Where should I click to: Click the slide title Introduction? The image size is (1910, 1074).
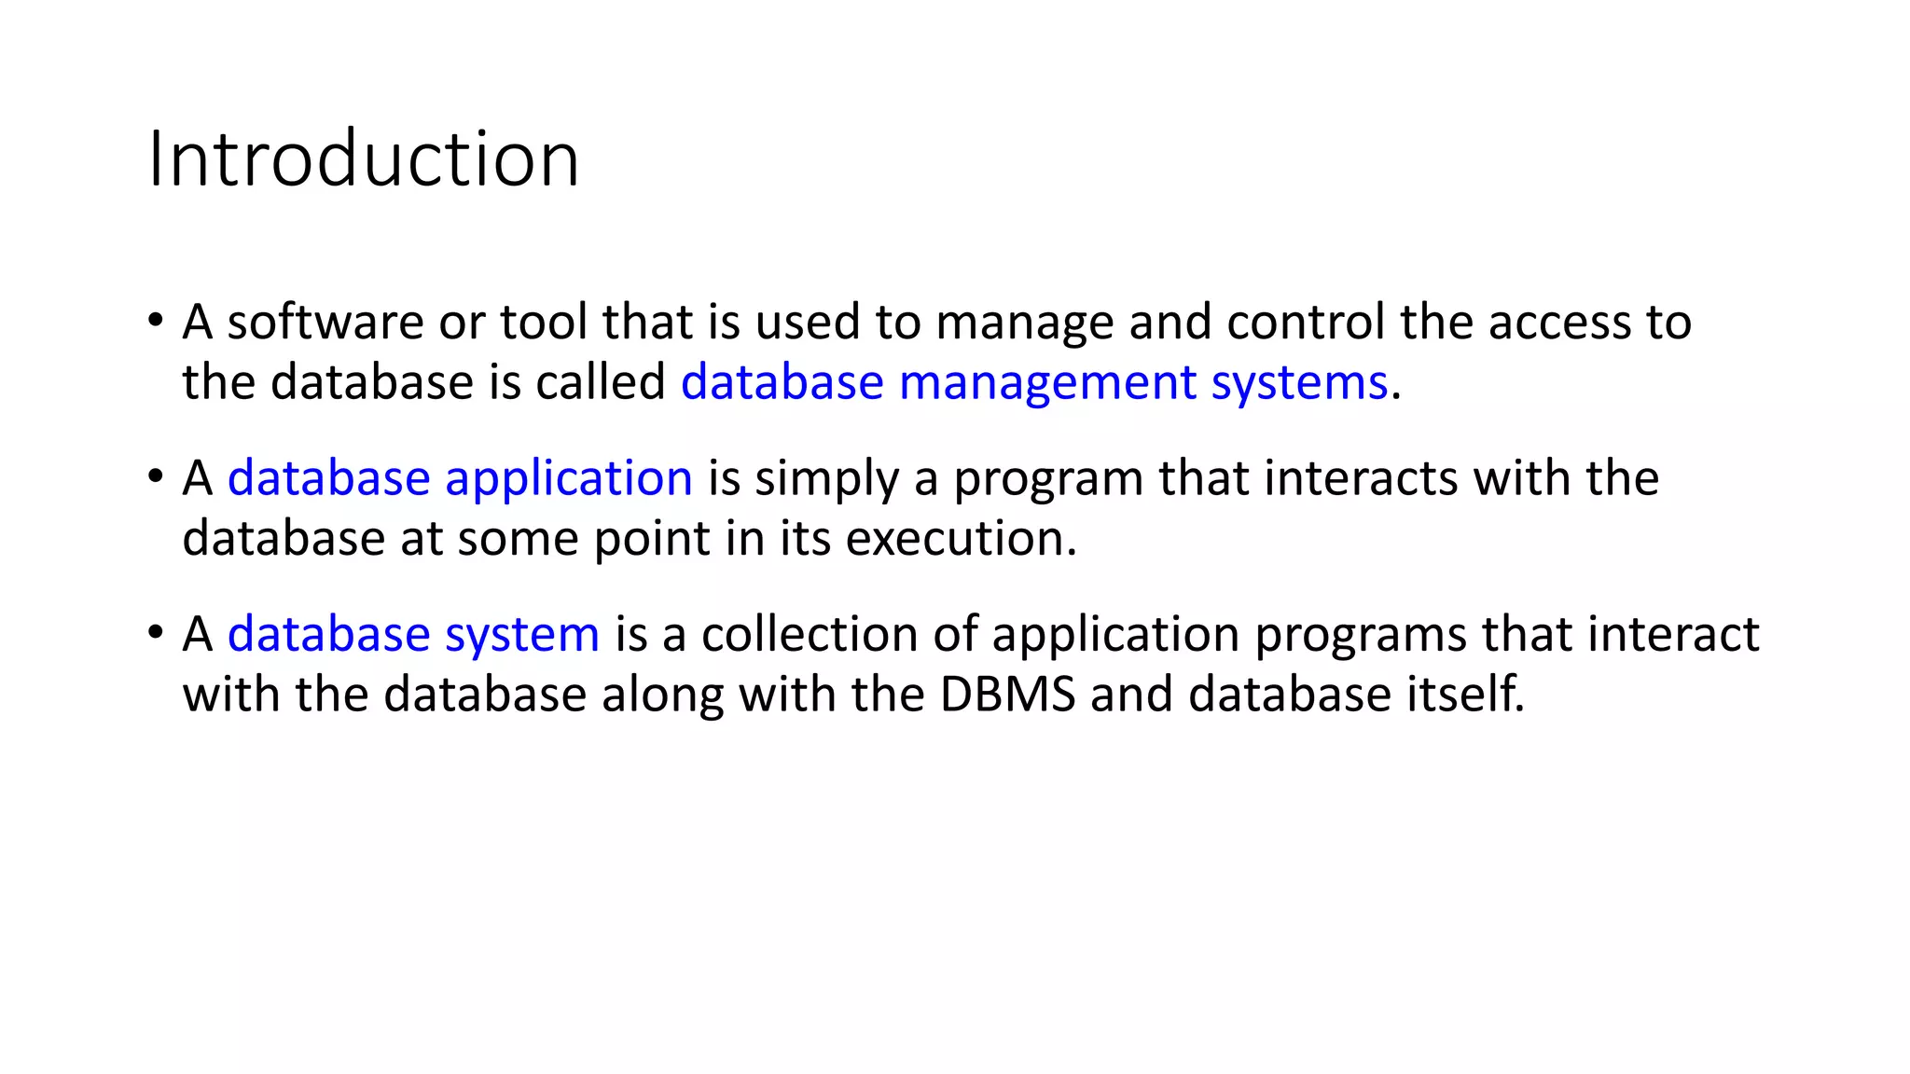pyautogui.click(x=364, y=159)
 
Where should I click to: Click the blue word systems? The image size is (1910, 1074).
pyautogui.click(x=1299, y=383)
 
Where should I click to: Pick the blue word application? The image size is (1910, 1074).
pyautogui.click(x=568, y=479)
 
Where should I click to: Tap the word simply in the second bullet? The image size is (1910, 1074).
pyautogui.click(x=826, y=479)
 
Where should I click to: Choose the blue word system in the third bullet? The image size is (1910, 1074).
pyautogui.click(x=521, y=635)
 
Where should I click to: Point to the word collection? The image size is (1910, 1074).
pyautogui.click(x=810, y=635)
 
